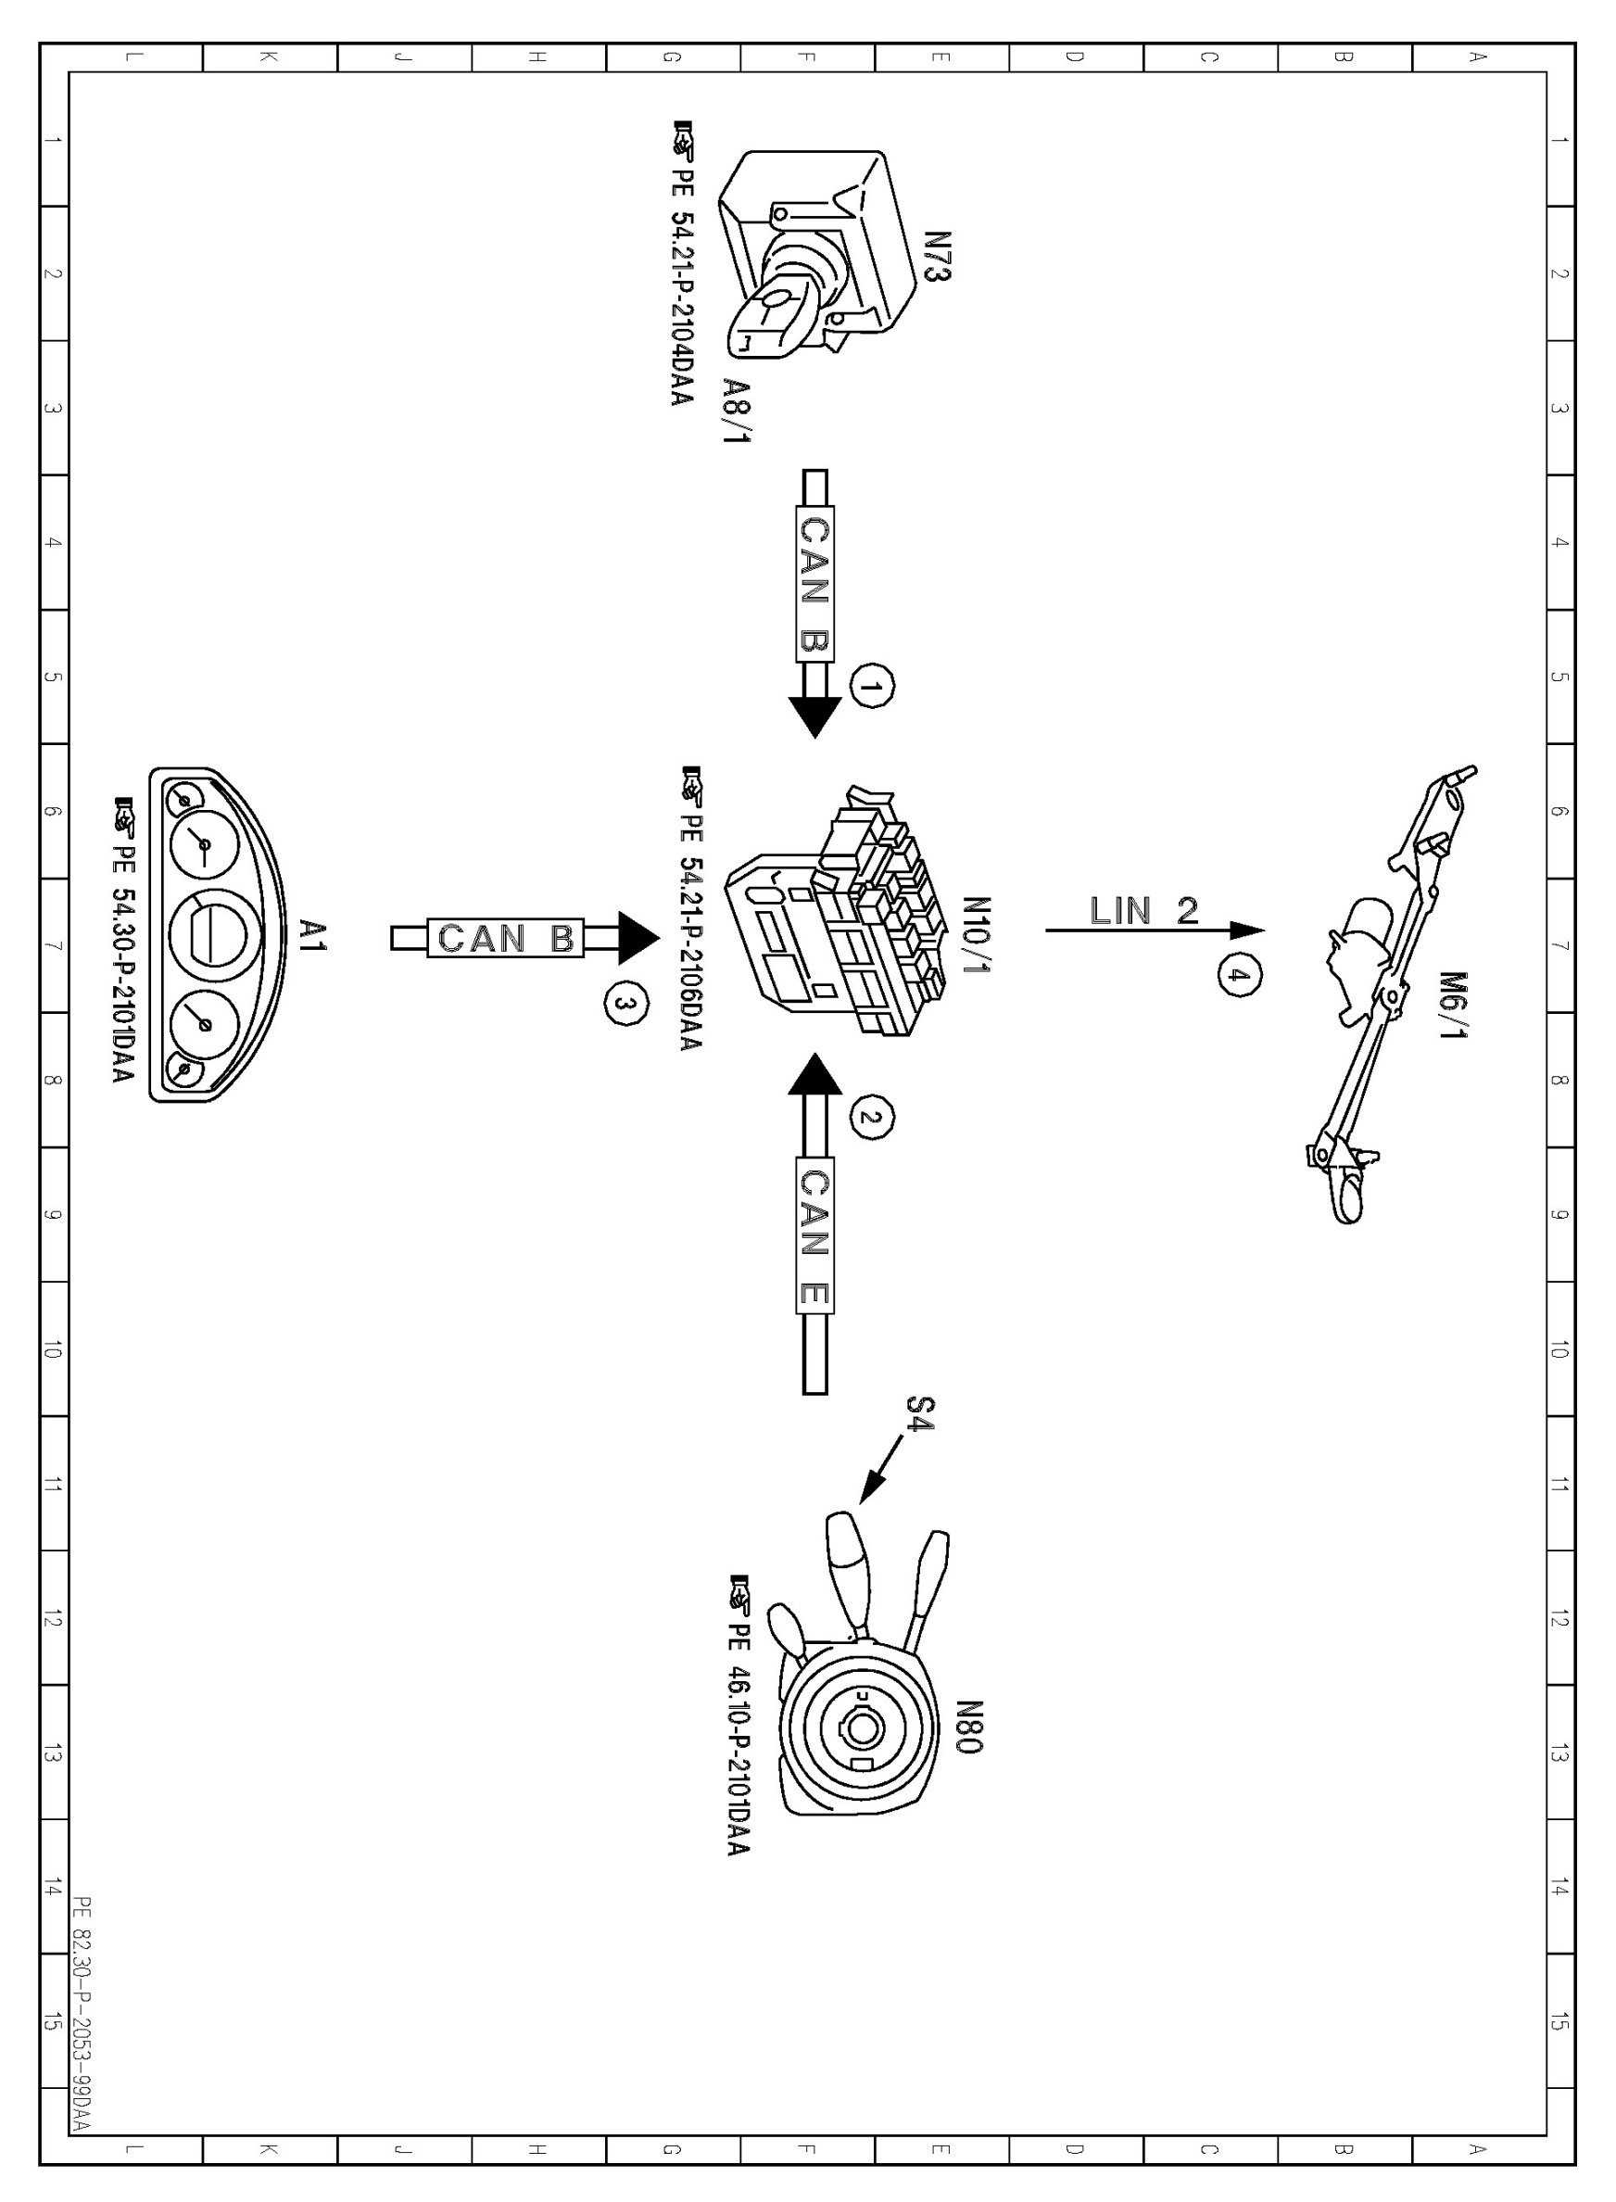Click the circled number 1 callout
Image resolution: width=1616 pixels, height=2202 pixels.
tap(873, 686)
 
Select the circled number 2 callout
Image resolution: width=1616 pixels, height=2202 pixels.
tap(873, 1116)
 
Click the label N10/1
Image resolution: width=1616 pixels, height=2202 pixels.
tap(978, 935)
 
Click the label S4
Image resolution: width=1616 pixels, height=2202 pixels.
tap(919, 1414)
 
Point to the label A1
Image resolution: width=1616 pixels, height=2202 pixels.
tap(313, 935)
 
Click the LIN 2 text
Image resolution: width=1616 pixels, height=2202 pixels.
tap(1143, 911)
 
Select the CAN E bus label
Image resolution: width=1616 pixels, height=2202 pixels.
tap(814, 1238)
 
